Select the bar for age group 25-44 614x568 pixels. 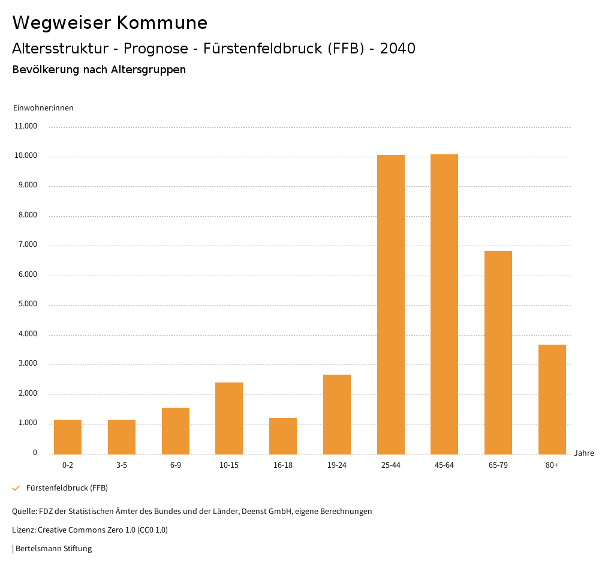390,304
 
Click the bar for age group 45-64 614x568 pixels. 444,304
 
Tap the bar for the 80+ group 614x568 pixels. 552,399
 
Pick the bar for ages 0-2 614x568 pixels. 68,437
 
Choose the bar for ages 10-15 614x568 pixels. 229,418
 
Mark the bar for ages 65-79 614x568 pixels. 498,352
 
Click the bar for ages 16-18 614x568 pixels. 283,436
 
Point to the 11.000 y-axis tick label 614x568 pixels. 26,126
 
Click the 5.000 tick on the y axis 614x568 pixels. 28,304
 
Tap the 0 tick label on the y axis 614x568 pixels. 35,453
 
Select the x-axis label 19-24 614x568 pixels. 337,465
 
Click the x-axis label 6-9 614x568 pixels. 176,465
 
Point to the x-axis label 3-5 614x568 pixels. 122,465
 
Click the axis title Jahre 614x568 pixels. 584,453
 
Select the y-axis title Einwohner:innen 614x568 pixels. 43,108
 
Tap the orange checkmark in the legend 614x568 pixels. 16,488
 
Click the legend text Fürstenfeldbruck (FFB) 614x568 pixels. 67,488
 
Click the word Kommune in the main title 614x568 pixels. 162,23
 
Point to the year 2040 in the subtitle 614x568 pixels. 398,49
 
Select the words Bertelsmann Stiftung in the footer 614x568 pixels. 53,549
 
